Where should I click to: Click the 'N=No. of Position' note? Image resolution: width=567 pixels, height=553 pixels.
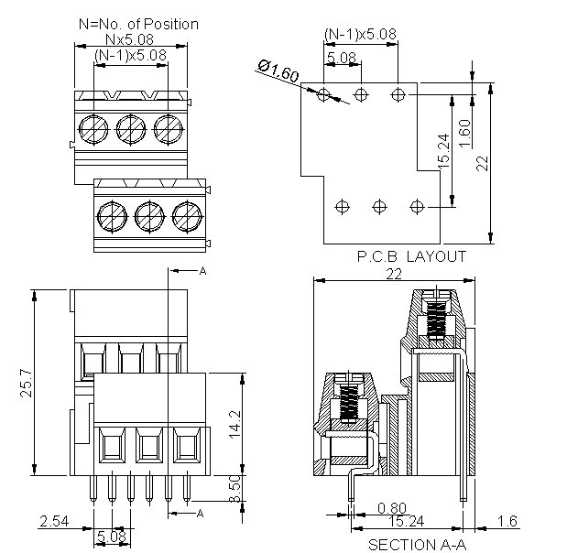[x=138, y=24]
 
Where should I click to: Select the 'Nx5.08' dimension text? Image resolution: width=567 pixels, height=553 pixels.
[x=128, y=39]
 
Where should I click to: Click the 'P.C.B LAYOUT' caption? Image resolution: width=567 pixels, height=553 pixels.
[x=411, y=256]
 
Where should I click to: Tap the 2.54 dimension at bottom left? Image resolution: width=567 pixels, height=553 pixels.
[x=53, y=523]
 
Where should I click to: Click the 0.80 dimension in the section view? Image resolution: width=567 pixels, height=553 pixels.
[x=391, y=508]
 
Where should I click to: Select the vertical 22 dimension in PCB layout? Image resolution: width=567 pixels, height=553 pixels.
[x=482, y=163]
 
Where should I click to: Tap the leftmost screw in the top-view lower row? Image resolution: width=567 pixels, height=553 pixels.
[x=111, y=216]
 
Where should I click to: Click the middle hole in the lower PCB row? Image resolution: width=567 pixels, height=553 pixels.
[x=379, y=205]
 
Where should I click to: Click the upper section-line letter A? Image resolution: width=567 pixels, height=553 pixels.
[x=202, y=272]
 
